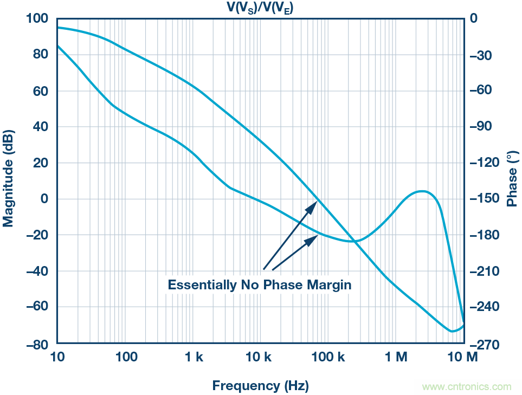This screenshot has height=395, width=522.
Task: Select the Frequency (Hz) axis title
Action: coord(260,386)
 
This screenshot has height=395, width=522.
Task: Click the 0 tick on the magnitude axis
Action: coord(45,199)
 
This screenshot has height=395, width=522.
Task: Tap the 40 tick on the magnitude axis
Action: coord(41,127)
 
